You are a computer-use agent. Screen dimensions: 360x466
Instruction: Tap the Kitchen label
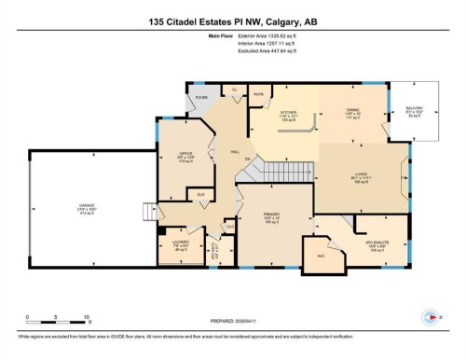288,116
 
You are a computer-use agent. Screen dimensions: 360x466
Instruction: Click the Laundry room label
180,247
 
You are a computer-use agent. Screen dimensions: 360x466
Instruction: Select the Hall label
222,151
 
